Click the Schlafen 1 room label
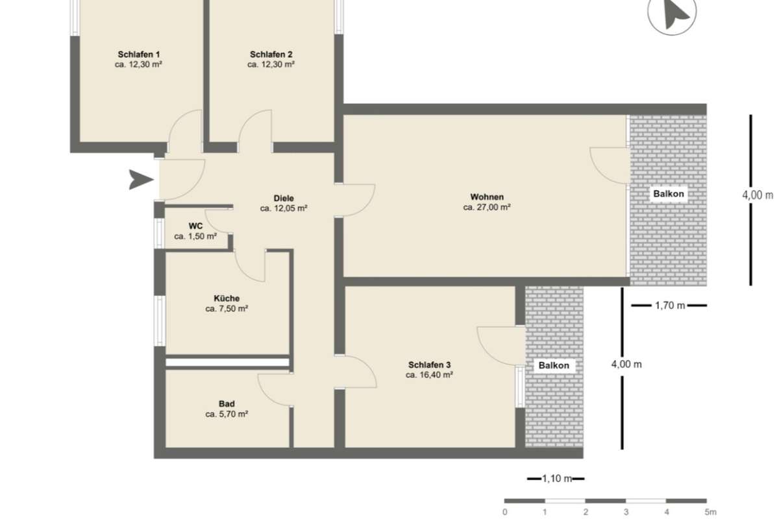click(139, 54)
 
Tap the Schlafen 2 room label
click(271, 54)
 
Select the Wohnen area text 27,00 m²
click(486, 208)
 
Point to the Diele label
click(284, 199)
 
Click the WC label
click(195, 226)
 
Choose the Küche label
click(227, 298)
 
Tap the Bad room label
click(227, 404)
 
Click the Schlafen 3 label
click(429, 365)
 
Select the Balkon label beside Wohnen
click(669, 194)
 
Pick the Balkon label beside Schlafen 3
click(554, 366)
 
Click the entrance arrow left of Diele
click(141, 180)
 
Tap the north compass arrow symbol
click(674, 14)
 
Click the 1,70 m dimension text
click(670, 306)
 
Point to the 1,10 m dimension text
click(557, 479)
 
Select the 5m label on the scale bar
click(710, 512)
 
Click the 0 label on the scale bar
click(504, 512)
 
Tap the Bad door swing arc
click(264, 396)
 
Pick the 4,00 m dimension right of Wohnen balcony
click(758, 195)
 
